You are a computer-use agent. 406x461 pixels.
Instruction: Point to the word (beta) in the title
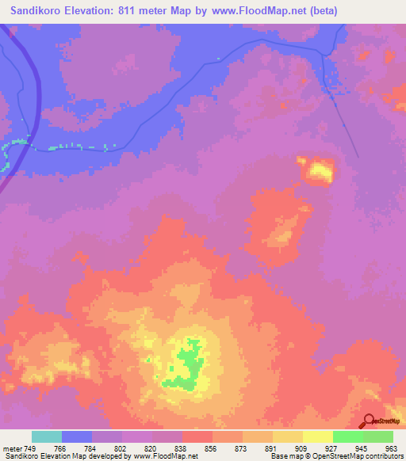click(324, 11)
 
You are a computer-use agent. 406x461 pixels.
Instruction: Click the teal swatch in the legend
click(47, 436)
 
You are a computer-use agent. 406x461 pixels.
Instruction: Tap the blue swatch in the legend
click(77, 436)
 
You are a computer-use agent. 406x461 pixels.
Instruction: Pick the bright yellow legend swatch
click(317, 436)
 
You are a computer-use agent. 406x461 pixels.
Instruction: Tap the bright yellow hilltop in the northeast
click(320, 169)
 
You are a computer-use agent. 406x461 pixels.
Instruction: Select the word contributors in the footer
click(381, 457)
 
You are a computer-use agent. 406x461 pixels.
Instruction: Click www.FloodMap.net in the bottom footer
click(166, 457)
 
